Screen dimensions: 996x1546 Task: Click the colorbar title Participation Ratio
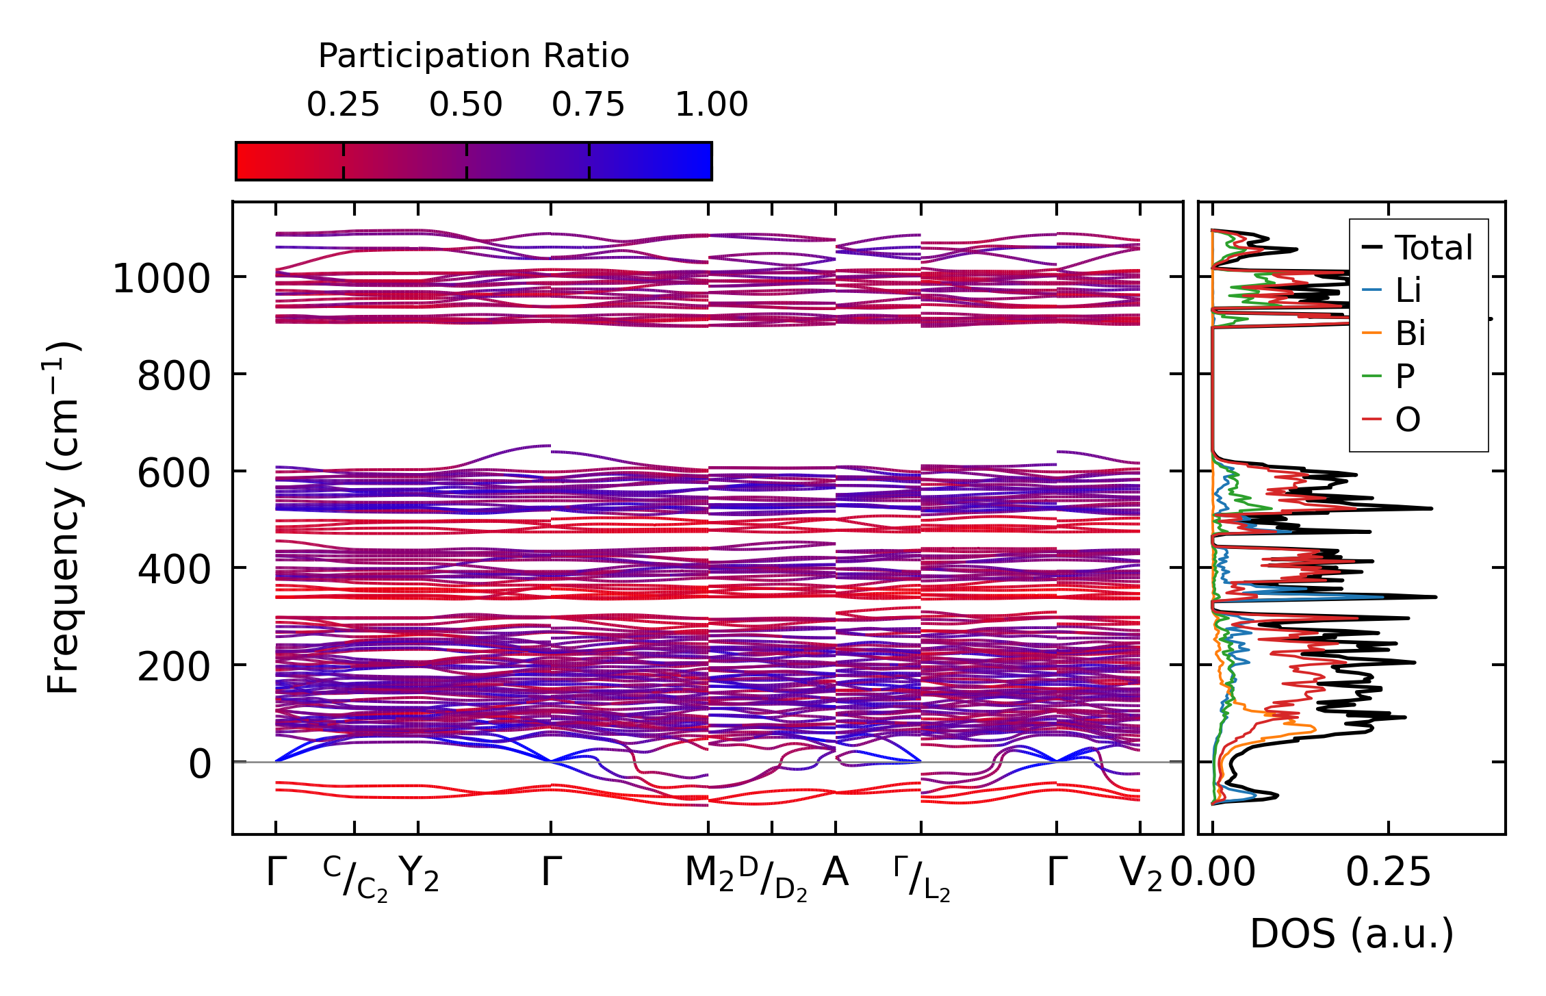[474, 56]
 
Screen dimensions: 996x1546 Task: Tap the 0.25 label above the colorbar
[343, 105]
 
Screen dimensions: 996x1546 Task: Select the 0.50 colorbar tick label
[466, 105]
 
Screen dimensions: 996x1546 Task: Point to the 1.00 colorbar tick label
[712, 105]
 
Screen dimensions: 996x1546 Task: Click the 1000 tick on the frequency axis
[161, 279]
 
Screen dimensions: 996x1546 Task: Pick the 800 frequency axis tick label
[174, 376]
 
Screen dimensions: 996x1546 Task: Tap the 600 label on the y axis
[174, 473]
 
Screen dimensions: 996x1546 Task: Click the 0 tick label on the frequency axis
[200, 764]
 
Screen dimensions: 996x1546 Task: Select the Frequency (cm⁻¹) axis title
[63, 518]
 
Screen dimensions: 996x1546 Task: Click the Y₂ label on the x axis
[418, 873]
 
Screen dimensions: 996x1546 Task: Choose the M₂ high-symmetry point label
[709, 873]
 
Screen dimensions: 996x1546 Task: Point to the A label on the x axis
[836, 873]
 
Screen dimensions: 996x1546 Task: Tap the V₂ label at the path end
[1140, 873]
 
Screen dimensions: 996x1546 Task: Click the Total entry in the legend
[1433, 248]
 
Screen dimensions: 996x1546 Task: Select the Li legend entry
[1408, 291]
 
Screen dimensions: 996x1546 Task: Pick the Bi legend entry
[1410, 333]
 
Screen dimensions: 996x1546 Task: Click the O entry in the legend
[1408, 419]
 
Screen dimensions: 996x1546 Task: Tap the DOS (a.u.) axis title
[1352, 934]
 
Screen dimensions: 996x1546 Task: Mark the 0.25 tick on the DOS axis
[1389, 873]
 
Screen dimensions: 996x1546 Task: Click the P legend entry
[1405, 376]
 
